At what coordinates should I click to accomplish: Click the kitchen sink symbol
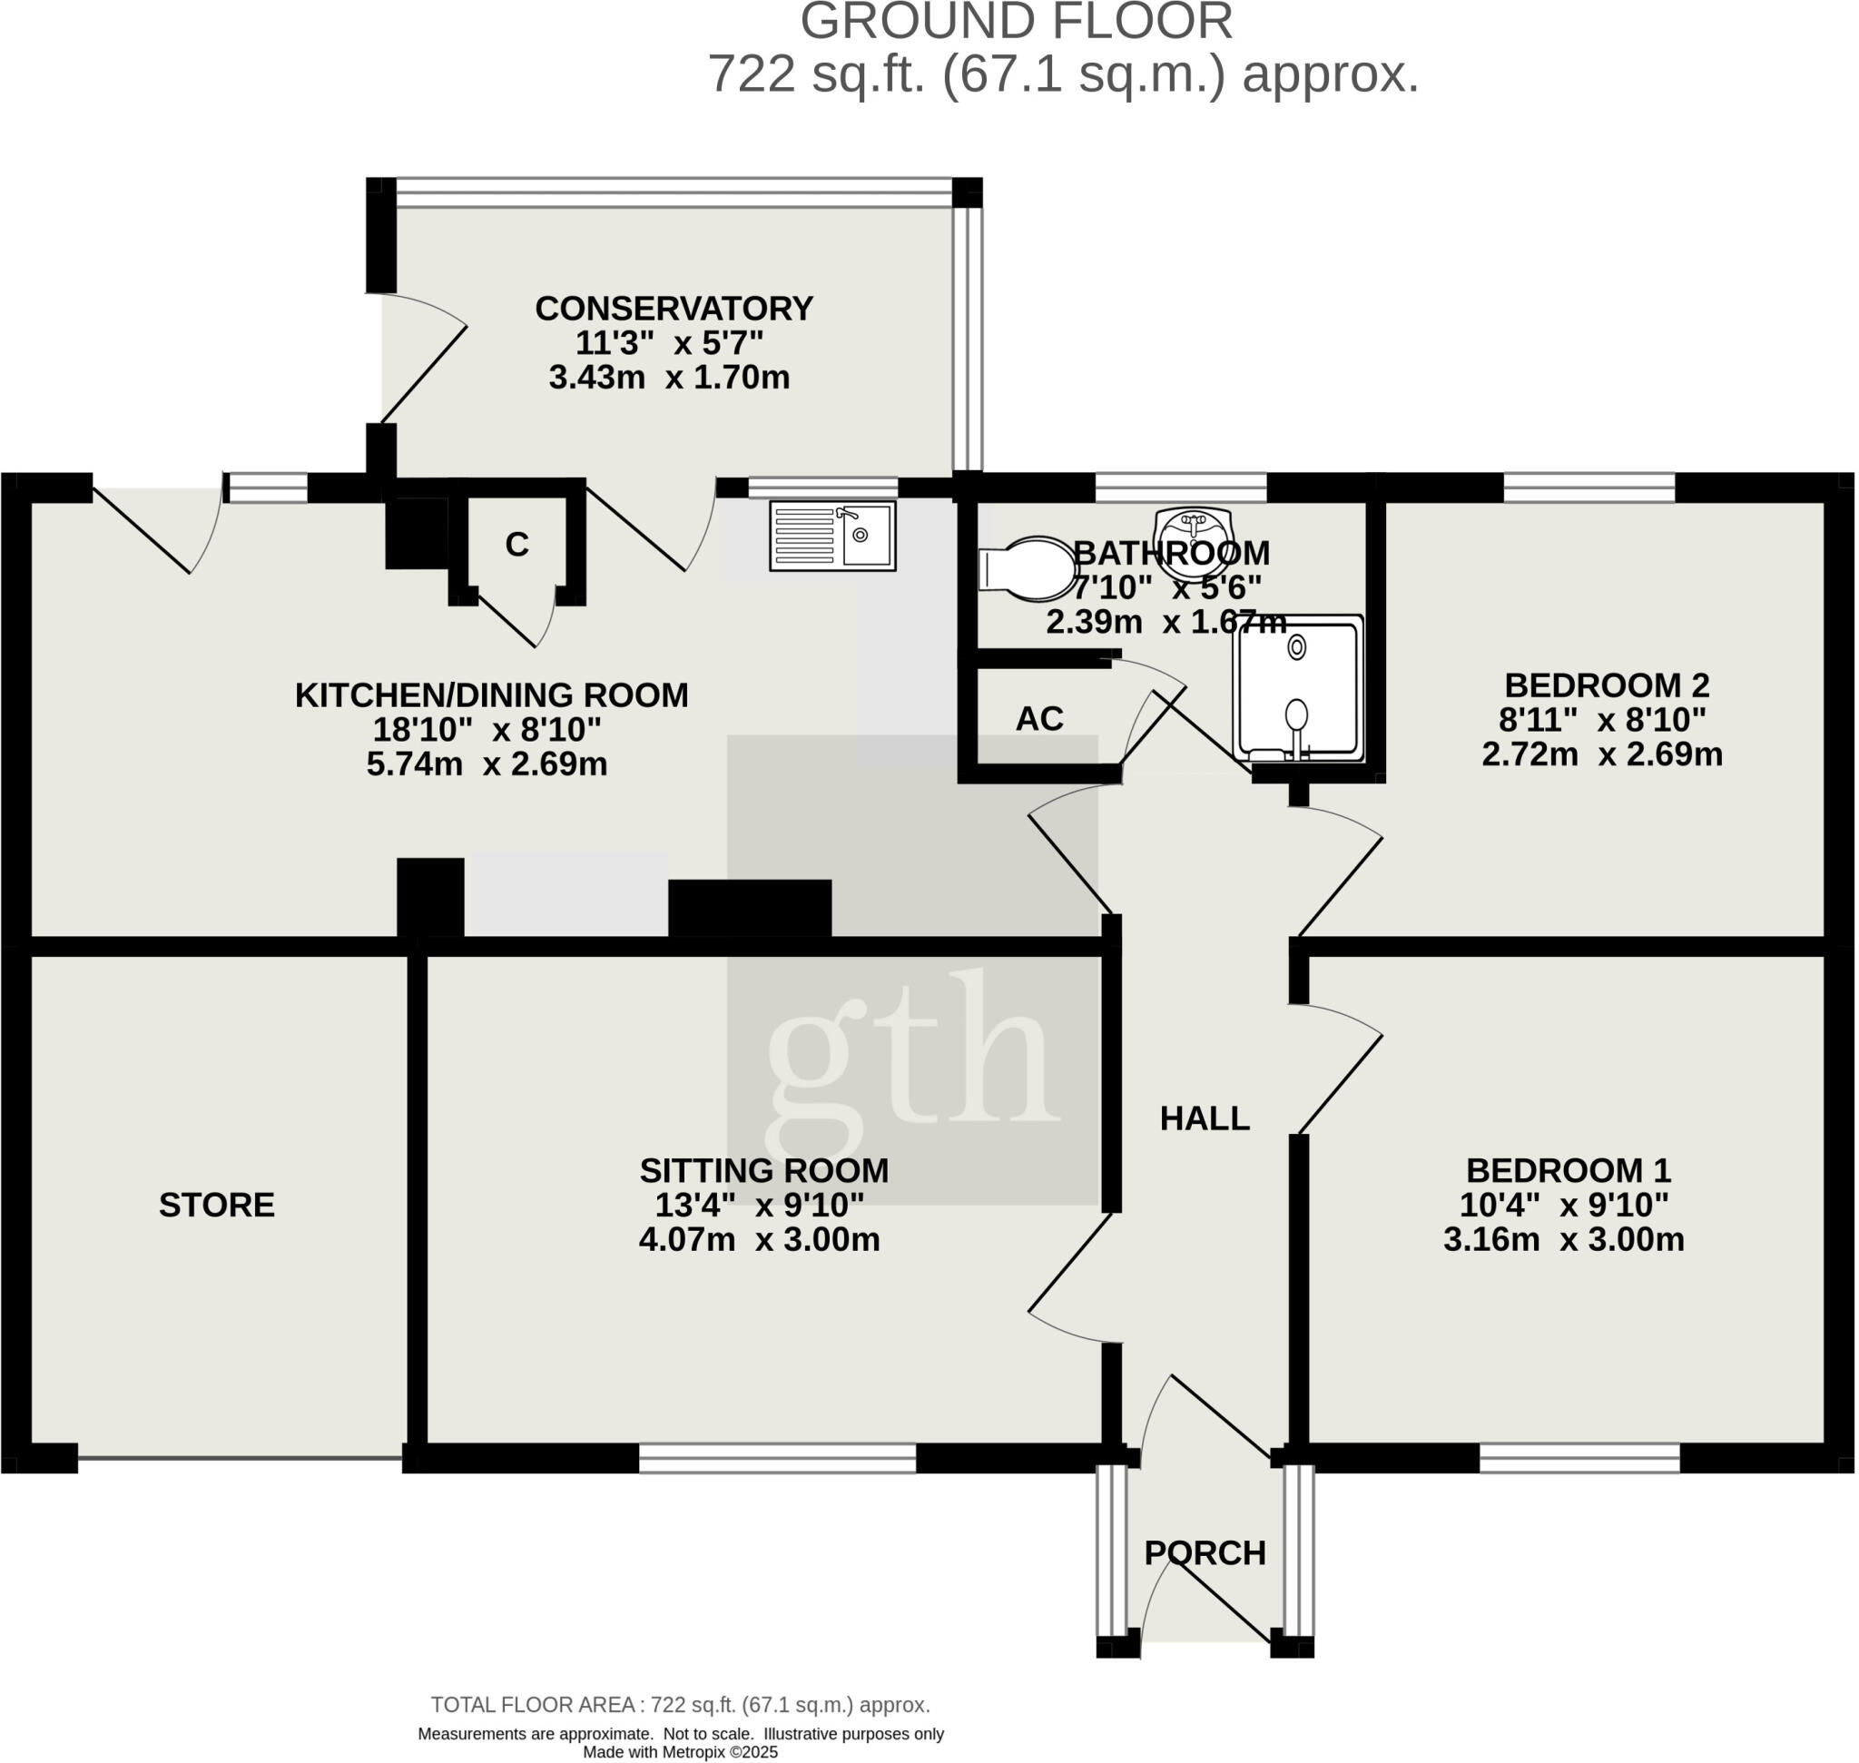(x=831, y=536)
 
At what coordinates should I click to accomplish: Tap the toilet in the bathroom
(x=1028, y=568)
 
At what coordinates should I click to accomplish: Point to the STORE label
(x=216, y=1205)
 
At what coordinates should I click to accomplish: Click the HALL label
(x=1204, y=1118)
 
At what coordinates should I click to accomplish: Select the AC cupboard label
(x=1038, y=719)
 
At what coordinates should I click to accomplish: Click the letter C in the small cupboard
(x=516, y=544)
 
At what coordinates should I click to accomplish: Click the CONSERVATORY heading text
(x=674, y=309)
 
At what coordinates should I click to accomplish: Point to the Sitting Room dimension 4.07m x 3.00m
(x=760, y=1239)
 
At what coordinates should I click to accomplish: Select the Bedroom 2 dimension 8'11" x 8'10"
(x=1601, y=720)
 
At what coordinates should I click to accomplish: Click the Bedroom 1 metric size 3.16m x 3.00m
(x=1564, y=1239)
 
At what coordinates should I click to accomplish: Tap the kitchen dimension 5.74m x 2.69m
(x=487, y=764)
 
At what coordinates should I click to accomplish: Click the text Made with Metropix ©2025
(x=681, y=1752)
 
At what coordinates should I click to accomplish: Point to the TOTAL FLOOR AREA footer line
(x=681, y=1705)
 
